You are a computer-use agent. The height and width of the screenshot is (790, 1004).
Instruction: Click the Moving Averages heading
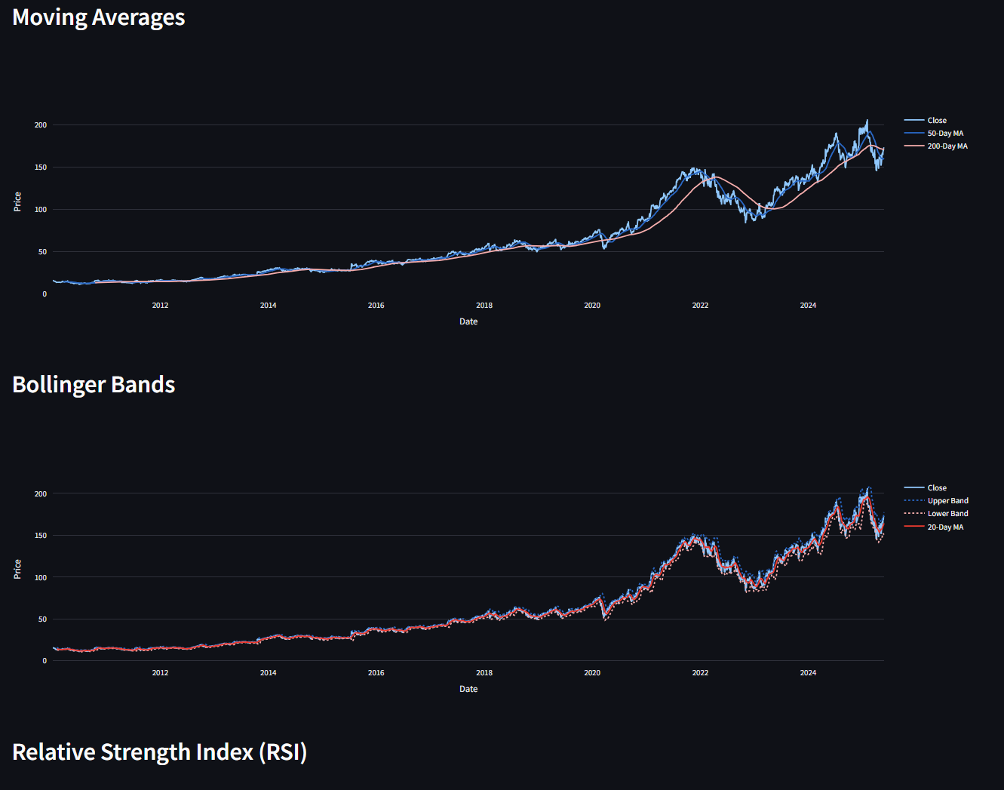[99, 17]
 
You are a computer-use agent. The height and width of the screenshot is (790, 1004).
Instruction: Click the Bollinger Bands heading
[94, 385]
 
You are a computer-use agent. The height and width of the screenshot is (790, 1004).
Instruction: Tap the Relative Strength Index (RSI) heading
[159, 752]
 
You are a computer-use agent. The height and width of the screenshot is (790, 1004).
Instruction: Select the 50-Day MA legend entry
[945, 134]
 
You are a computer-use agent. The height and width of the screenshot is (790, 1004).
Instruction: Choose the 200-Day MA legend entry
[947, 146]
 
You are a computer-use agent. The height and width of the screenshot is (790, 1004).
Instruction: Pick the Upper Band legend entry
[947, 501]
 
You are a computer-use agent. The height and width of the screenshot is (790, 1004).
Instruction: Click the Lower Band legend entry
[947, 514]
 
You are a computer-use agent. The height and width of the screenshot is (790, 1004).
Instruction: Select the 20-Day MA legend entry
[945, 527]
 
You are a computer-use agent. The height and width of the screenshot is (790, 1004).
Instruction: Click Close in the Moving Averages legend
[937, 121]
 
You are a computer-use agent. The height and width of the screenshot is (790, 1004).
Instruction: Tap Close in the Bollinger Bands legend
[937, 488]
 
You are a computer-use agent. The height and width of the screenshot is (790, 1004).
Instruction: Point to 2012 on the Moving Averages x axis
[160, 306]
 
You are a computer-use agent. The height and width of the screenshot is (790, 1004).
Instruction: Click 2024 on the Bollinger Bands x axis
[808, 673]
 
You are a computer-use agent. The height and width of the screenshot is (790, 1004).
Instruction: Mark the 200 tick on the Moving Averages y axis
[41, 125]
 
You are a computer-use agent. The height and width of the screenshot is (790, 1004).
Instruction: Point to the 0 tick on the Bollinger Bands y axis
[45, 661]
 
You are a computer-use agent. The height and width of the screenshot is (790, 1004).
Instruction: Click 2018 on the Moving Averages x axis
[484, 306]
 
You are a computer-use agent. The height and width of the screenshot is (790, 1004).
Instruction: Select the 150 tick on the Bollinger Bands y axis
[41, 536]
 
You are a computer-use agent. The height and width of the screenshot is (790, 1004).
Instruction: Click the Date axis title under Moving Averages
[468, 321]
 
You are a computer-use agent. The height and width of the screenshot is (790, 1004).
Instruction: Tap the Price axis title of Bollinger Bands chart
[17, 569]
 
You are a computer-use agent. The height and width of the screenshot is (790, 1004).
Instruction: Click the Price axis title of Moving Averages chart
[17, 201]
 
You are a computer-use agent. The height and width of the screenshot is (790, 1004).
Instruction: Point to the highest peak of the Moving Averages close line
[867, 120]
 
